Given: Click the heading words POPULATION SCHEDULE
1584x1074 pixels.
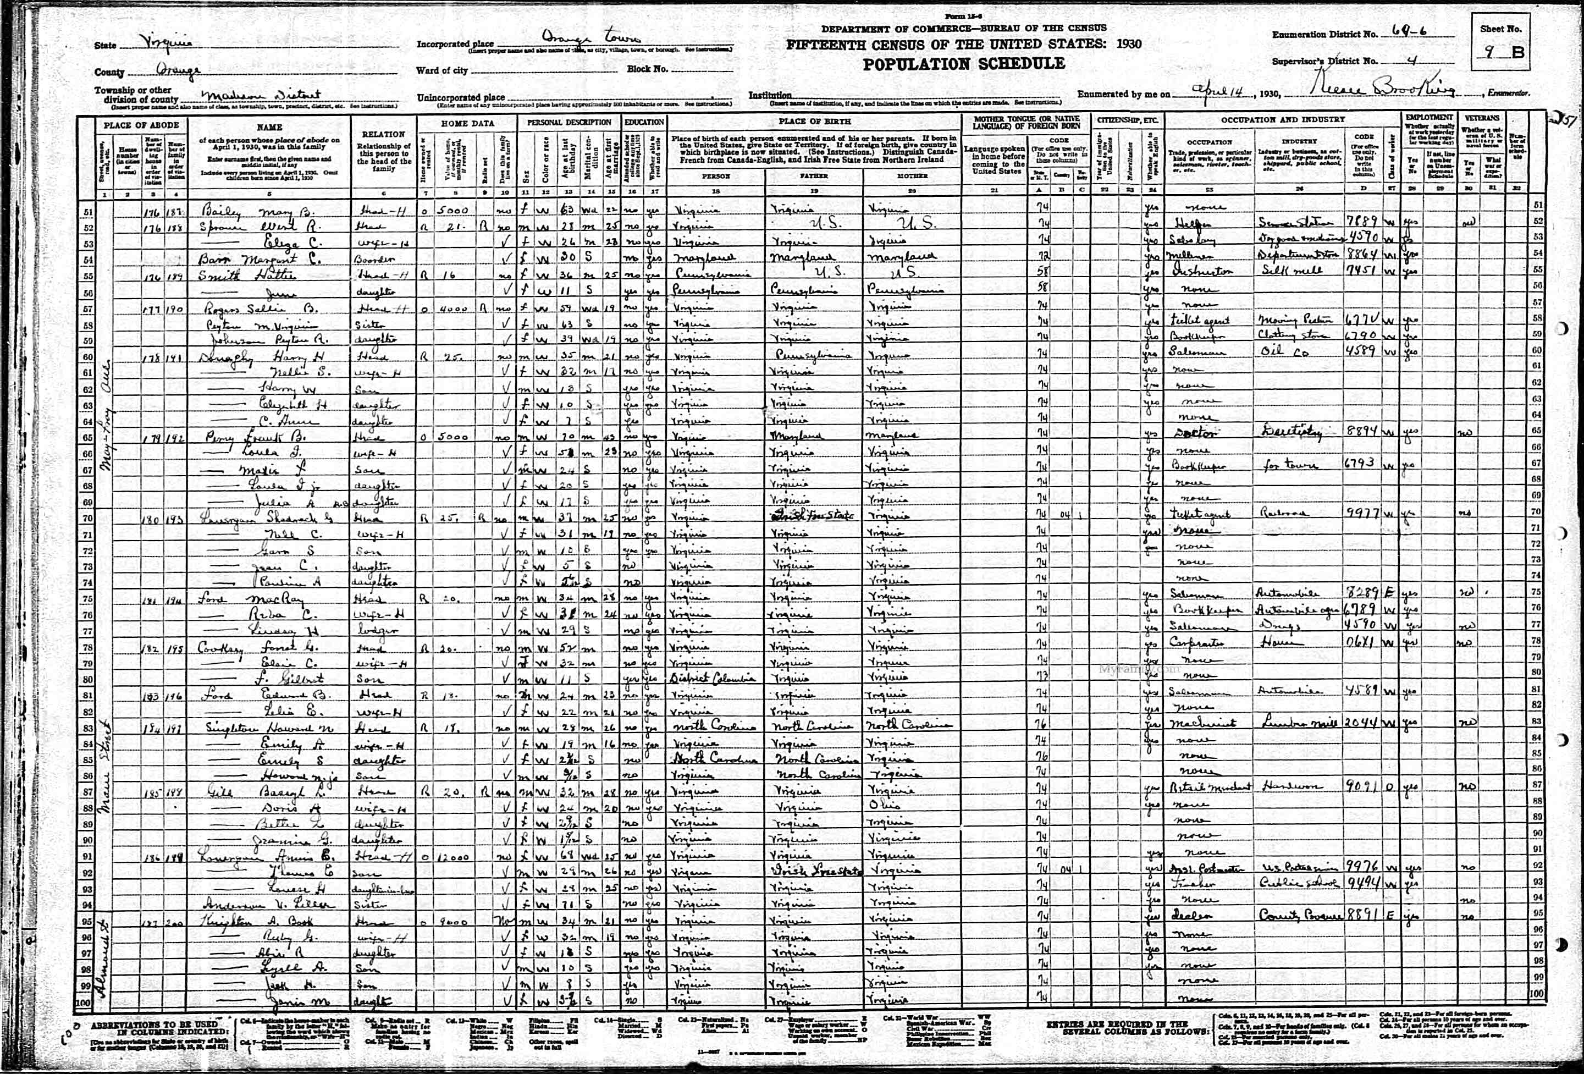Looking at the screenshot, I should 964,64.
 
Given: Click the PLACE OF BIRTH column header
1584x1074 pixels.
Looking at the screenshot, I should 814,122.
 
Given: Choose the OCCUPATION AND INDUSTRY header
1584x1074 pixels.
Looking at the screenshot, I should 1282,119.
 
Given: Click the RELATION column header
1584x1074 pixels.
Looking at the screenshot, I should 384,134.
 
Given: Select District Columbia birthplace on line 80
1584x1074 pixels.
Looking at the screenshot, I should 711,678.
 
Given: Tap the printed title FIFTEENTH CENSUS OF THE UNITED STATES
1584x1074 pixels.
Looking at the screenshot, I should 964,45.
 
